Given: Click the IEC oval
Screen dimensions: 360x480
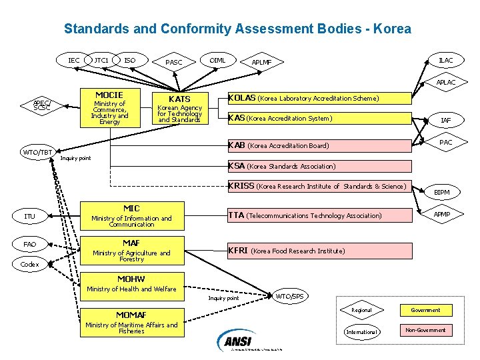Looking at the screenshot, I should (74, 61).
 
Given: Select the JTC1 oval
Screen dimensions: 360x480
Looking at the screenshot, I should (102, 61).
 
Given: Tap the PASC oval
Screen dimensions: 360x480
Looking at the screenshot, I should (174, 63).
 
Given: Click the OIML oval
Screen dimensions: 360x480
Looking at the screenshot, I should (218, 61).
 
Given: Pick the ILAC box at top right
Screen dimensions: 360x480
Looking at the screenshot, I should (446, 61).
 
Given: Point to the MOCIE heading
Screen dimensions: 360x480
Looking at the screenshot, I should (109, 95).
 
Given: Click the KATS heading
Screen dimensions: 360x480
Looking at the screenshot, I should (179, 99).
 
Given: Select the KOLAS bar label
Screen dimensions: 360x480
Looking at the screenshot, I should (242, 98).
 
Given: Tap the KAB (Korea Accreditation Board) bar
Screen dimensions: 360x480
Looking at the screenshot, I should (320, 145).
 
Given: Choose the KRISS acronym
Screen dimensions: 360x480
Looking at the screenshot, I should (241, 186).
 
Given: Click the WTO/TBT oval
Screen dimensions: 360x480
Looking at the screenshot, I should (37, 153).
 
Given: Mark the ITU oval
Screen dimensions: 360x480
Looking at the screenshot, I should (30, 217).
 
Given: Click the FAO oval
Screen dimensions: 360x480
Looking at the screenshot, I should (30, 245).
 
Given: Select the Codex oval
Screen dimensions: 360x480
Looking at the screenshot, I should (30, 265).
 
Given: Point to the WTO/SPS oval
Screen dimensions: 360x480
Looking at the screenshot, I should (291, 295).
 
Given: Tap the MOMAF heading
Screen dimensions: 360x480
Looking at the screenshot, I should (131, 315).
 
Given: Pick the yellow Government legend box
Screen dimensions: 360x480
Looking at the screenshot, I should (425, 310).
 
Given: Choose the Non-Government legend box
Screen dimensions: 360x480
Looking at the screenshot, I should (425, 330).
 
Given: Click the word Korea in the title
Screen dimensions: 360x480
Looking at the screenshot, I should (393, 29).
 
